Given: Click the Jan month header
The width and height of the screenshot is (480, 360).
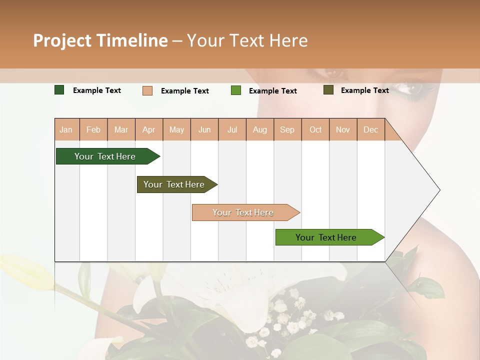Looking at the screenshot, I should (66, 130).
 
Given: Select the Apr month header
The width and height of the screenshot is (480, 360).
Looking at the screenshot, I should (148, 130).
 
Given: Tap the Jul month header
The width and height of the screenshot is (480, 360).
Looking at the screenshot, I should (232, 130).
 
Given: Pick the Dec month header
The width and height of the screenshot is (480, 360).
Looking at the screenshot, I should (370, 130).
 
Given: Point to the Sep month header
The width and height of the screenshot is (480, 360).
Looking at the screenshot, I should (287, 130).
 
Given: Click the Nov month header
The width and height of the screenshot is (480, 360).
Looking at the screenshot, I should (342, 130).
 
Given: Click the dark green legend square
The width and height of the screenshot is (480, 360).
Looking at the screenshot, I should (59, 90).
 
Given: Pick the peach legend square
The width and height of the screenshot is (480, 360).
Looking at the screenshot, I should (147, 90).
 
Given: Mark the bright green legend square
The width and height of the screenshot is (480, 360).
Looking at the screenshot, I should (236, 90).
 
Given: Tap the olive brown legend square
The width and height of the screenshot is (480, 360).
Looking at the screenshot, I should (328, 90).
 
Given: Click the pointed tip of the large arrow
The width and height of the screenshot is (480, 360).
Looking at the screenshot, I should (438, 190).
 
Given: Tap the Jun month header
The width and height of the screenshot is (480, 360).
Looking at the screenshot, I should (204, 130).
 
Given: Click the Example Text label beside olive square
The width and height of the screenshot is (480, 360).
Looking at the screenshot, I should (364, 90).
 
